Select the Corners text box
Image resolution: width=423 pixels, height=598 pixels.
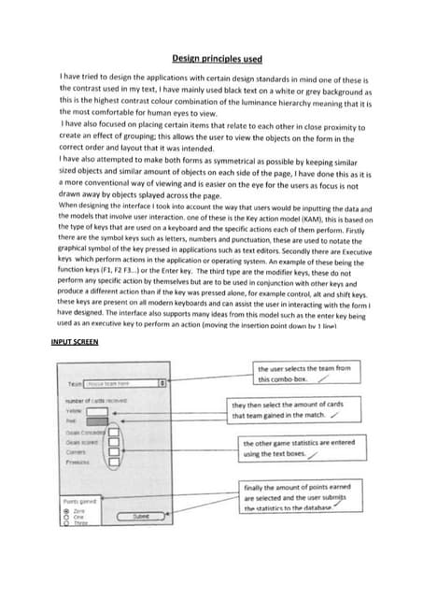(113, 452)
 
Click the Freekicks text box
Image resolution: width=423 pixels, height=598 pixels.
(113, 462)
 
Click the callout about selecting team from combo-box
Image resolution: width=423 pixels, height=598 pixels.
(303, 374)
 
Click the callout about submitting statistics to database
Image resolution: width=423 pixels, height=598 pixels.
(299, 498)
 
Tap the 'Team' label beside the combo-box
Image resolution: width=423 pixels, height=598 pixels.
(75, 383)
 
